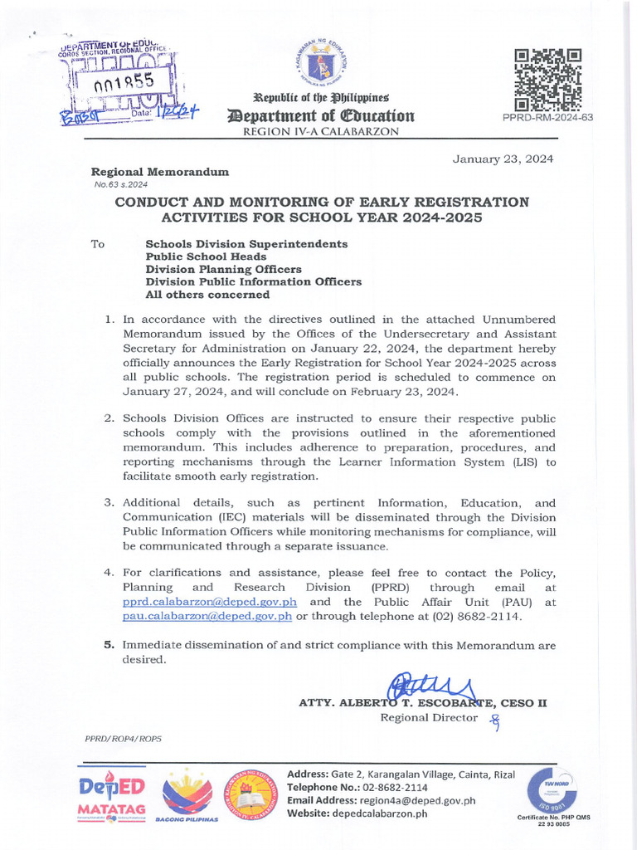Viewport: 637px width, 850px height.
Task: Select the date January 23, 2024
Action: pos(503,159)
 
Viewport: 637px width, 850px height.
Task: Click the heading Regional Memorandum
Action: pos(160,172)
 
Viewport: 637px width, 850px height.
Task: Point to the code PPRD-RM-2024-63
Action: pos(547,118)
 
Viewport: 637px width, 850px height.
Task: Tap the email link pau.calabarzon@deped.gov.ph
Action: pos(207,616)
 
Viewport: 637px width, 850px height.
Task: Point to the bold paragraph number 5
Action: pos(109,645)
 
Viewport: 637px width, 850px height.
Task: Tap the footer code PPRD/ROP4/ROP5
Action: pos(124,738)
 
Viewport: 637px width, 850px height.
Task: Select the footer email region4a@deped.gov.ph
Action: pos(417,800)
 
